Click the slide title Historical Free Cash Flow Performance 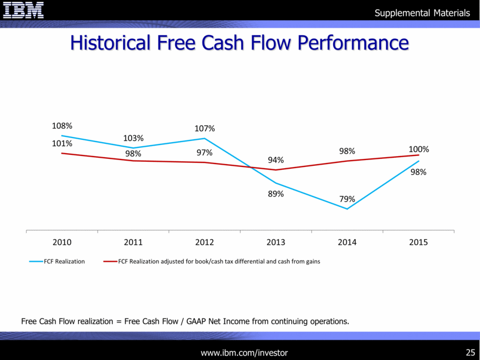[239, 43]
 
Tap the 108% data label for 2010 [62, 125]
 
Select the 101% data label [62, 143]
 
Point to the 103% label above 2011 [134, 138]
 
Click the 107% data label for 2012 [205, 128]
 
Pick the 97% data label [204, 153]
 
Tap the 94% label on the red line [276, 160]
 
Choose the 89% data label [276, 194]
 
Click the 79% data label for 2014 [347, 199]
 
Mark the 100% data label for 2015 [418, 149]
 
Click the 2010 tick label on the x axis [62, 242]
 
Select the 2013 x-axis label [276, 242]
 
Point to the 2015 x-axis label [418, 242]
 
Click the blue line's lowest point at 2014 [347, 209]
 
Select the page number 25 [470, 352]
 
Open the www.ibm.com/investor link [243, 352]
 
